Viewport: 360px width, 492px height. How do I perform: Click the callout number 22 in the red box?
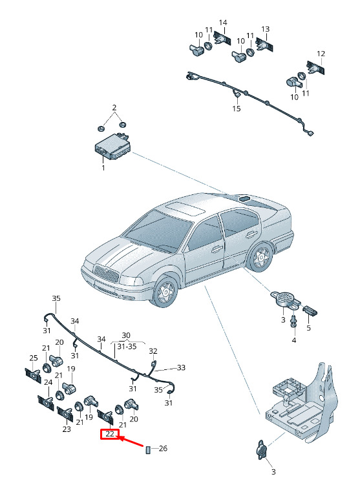click(110, 435)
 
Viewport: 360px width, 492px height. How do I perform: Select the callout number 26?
click(163, 448)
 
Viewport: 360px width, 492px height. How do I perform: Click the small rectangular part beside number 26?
click(148, 449)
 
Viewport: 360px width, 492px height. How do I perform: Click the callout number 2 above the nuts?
click(114, 108)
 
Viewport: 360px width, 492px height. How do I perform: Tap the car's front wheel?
click(165, 291)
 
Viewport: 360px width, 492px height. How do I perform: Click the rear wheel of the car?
click(261, 257)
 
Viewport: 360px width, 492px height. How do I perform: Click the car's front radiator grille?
click(107, 273)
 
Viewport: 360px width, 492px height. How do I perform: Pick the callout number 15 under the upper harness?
click(237, 108)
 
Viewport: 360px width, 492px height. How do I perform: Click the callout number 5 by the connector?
click(308, 328)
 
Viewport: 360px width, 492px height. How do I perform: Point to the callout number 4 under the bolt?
click(294, 340)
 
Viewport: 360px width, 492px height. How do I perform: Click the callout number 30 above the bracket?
click(126, 335)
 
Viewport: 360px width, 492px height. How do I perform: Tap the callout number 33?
click(181, 367)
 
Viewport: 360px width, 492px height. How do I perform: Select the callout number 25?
click(34, 358)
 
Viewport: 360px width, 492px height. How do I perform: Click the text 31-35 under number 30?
click(127, 347)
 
